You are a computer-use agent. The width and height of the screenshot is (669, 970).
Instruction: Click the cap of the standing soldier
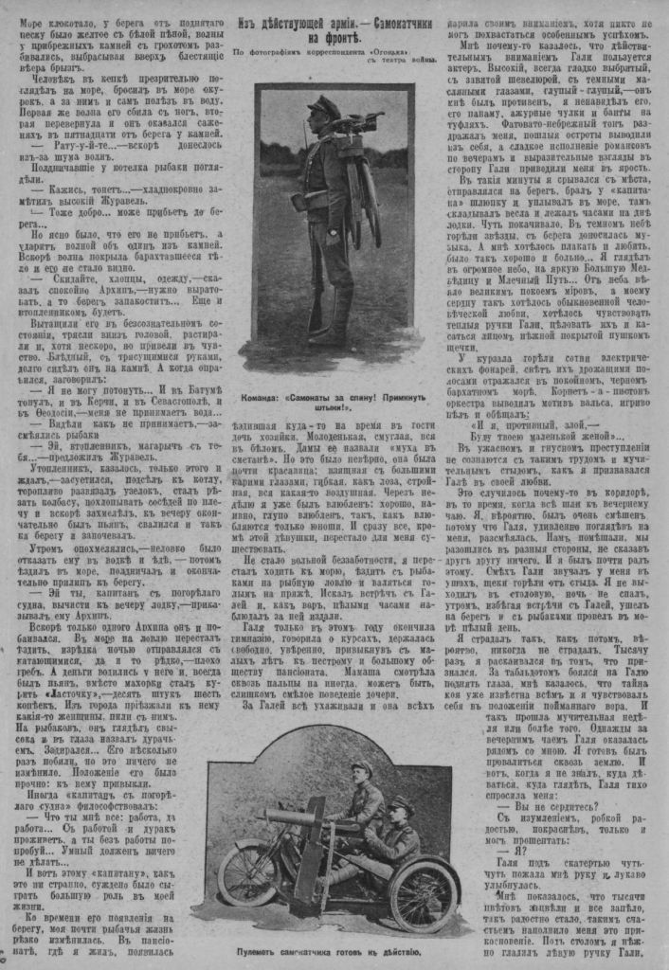click(x=324, y=105)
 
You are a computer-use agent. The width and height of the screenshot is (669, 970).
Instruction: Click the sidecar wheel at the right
click(x=423, y=896)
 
